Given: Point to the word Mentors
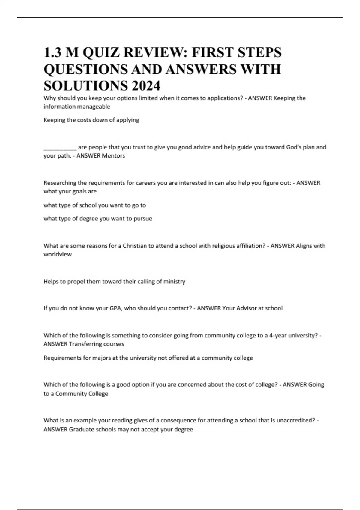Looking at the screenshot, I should point(113,156).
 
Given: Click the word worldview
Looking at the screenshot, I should point(58,254).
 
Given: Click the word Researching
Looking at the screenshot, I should point(60,183).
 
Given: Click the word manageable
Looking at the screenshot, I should point(93,106).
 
